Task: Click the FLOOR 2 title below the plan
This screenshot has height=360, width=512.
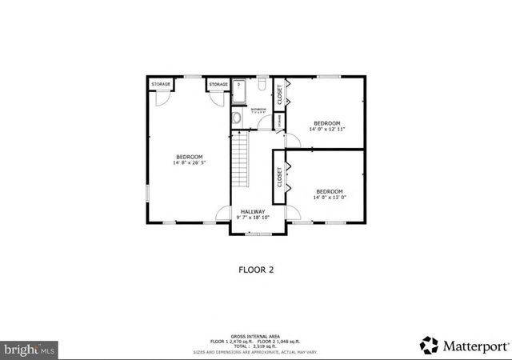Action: click(256, 270)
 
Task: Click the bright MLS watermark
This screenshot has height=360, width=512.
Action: click(30, 350)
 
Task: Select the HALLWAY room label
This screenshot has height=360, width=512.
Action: click(253, 211)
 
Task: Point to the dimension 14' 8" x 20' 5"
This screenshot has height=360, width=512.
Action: click(189, 162)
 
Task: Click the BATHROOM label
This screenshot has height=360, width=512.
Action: click(258, 109)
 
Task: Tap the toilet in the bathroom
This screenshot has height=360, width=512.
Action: click(262, 84)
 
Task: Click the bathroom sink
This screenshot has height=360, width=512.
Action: click(236, 118)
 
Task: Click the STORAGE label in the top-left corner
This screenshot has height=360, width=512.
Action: click(161, 84)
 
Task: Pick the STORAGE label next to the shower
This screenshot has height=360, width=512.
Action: click(218, 84)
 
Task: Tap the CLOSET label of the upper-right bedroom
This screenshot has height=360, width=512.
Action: click(279, 94)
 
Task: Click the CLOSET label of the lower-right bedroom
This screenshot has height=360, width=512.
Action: click(279, 176)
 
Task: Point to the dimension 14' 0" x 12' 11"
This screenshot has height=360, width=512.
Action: click(326, 129)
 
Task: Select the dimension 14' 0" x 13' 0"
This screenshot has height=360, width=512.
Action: click(329, 198)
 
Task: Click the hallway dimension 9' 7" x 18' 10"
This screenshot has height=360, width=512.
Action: click(253, 218)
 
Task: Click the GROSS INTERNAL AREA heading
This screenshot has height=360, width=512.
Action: click(255, 335)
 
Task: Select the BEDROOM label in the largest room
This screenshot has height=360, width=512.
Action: click(189, 156)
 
